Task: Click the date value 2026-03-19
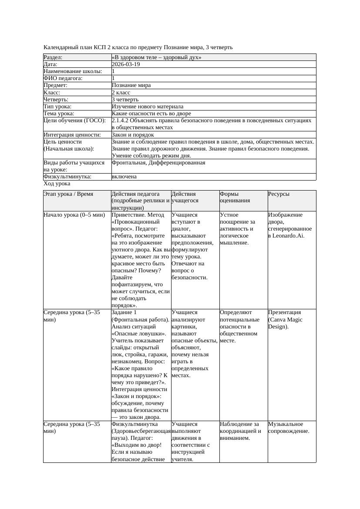click(126, 64)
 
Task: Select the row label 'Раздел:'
click(53, 57)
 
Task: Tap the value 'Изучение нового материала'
click(148, 107)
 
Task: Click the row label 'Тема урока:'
click(59, 114)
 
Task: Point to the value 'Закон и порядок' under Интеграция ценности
click(133, 135)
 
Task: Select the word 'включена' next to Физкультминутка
click(124, 177)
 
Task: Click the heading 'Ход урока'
click(57, 184)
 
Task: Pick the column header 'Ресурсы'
click(279, 194)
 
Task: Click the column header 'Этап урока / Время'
click(68, 194)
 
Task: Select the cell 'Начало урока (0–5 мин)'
click(74, 215)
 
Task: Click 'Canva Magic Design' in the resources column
click(285, 323)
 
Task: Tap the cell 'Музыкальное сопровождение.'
click(288, 428)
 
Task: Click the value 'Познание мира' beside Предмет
click(131, 85)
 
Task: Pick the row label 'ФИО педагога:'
click(63, 78)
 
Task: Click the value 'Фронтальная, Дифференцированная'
click(158, 163)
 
